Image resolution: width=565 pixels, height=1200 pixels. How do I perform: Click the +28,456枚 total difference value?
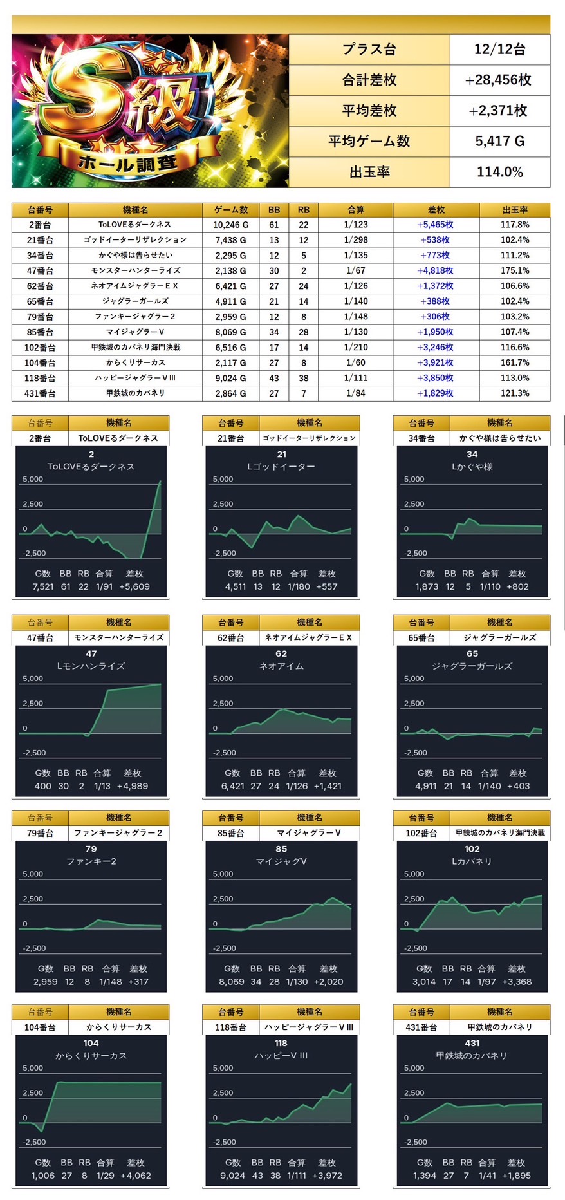499,80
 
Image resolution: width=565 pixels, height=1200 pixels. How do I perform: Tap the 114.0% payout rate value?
499,172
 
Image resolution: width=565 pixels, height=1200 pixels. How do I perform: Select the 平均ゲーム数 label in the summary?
369,141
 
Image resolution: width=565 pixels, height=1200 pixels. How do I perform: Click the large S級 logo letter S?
87,97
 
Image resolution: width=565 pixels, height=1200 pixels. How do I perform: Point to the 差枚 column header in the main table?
436,210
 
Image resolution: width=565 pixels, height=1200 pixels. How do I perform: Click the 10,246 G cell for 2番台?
230,225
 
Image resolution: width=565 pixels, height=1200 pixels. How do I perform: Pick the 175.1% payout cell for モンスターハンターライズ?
514,270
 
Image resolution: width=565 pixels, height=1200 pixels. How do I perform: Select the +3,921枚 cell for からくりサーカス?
436,362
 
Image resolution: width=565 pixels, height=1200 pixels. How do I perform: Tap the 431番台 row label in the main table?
40,393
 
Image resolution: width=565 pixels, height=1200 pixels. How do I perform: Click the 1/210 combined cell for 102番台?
355,347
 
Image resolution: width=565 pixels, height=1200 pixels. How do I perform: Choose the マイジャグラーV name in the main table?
134,332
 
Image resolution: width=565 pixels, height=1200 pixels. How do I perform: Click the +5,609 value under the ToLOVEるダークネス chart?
134,586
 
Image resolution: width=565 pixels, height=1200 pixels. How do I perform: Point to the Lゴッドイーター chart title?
281,466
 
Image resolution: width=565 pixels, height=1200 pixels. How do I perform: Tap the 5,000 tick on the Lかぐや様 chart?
414,479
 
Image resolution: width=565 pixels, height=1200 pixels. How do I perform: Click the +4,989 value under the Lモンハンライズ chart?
133,786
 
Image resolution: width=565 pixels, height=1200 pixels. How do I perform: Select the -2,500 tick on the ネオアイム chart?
224,753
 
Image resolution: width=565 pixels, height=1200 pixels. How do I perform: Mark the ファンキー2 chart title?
91,861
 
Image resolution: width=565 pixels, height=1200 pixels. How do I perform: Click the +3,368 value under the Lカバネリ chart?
517,982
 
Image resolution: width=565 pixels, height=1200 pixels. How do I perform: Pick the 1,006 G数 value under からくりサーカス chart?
43,1176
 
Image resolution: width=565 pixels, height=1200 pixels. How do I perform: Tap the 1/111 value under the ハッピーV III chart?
297,1176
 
